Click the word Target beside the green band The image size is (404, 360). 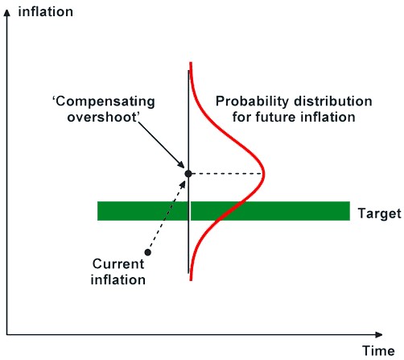coord(380,214)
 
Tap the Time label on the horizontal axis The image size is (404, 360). coord(378,351)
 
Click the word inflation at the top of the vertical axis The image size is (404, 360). coord(46,12)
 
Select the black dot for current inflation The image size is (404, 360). coord(148,252)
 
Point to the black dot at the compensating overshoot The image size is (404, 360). coord(188,174)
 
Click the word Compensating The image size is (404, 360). coord(105,102)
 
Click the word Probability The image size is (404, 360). coord(253,102)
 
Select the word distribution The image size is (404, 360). coord(333,101)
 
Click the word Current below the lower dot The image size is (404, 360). coord(118,264)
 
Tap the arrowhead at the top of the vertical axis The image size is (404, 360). coord(7,13)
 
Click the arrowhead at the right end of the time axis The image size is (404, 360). coord(379,335)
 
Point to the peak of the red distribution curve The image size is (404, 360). coord(264,174)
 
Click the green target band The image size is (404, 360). coord(224,211)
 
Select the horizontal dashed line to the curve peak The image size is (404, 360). coord(227,174)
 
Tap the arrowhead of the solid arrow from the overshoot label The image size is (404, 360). coord(182,165)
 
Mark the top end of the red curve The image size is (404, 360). coord(191,63)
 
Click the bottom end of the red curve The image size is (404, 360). coord(191,280)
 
